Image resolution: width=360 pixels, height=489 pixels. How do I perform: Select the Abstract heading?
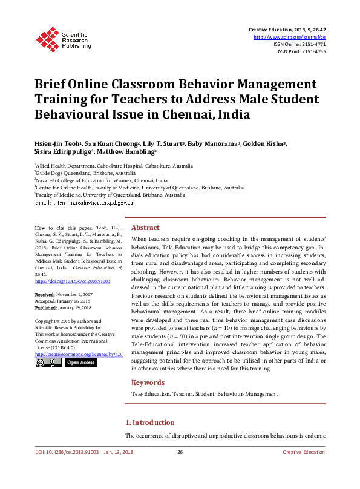145,228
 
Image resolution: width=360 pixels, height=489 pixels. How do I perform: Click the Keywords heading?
148,382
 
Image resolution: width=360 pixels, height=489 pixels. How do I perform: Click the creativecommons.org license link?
79,353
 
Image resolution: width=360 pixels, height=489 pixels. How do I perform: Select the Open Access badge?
80,363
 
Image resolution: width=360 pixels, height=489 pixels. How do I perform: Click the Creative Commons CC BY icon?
48,363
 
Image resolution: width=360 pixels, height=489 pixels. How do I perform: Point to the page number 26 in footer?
180,469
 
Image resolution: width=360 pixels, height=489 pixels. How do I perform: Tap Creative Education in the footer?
304,469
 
